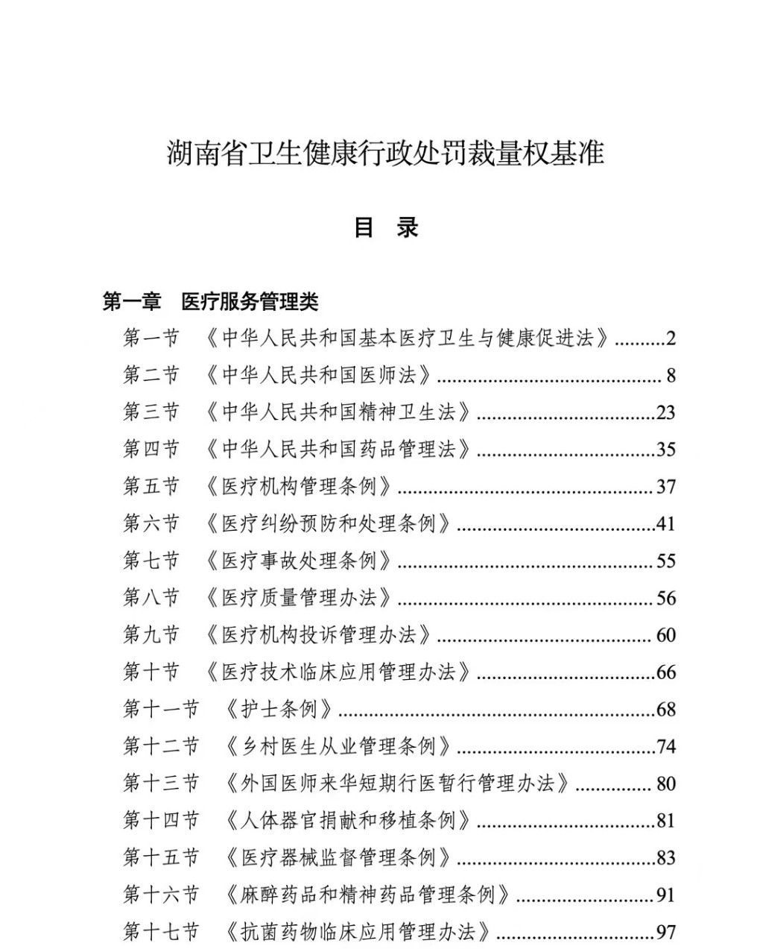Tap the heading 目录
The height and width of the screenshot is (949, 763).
(386, 227)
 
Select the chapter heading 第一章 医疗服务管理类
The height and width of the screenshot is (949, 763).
(211, 301)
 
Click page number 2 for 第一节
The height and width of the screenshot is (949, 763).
(671, 338)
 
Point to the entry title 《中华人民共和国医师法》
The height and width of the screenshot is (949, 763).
(318, 375)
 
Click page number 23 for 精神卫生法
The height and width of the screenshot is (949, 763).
(665, 412)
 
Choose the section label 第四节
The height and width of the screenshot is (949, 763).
(151, 449)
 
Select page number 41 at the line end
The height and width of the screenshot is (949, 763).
(665, 523)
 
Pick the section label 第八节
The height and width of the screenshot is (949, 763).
(151, 597)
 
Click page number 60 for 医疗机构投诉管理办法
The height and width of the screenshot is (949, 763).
(665, 634)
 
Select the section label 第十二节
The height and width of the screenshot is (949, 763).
(161, 745)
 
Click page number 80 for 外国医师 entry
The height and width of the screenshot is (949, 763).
(665, 783)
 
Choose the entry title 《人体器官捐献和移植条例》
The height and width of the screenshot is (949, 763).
(348, 820)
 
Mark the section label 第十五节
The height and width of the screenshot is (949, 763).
(161, 857)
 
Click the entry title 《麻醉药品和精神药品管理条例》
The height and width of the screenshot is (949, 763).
(367, 894)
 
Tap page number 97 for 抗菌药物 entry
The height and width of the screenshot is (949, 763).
(665, 931)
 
